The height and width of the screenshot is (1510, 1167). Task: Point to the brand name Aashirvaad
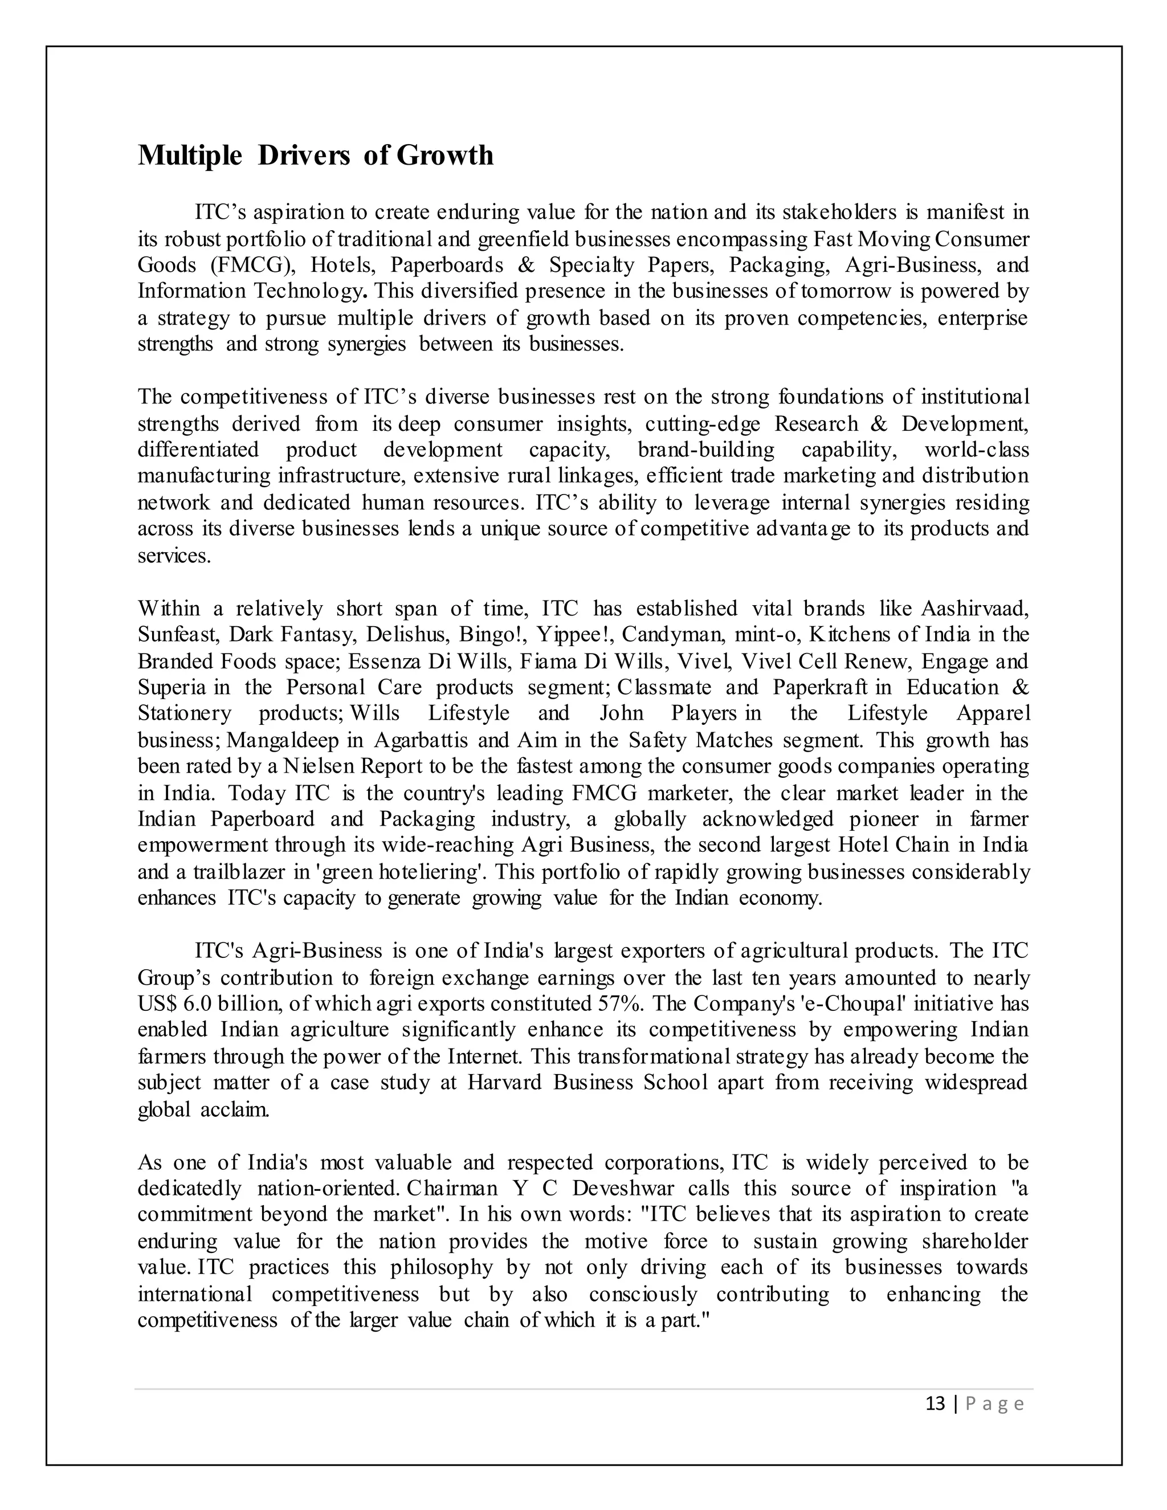pyautogui.click(x=975, y=609)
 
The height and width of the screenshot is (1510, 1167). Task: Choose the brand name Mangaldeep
pyautogui.click(x=283, y=741)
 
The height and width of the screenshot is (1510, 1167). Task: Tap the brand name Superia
pyautogui.click(x=172, y=688)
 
